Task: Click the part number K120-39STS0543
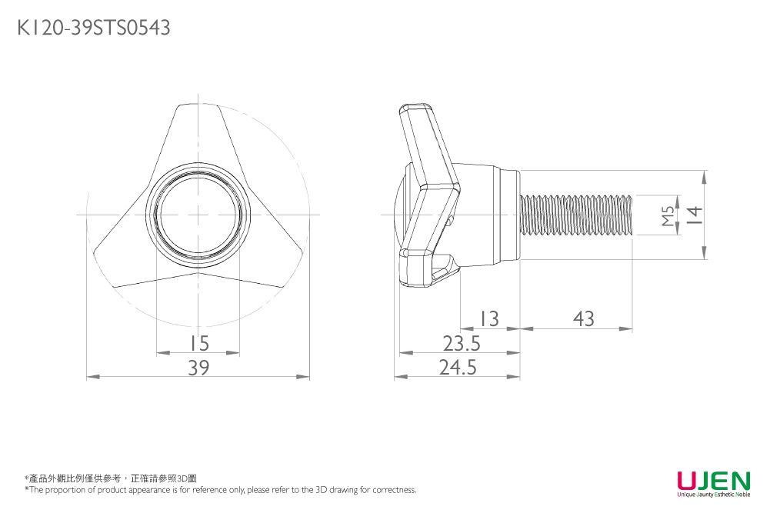(x=93, y=28)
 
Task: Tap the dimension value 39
(x=198, y=368)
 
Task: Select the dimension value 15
(x=198, y=342)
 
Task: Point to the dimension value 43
(x=583, y=318)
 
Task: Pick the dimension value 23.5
(x=462, y=343)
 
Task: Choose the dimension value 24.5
(x=458, y=368)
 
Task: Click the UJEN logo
(x=713, y=481)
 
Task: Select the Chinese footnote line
(x=111, y=478)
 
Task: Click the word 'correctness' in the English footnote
(x=395, y=490)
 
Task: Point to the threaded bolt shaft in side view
(x=577, y=215)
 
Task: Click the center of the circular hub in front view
(x=198, y=215)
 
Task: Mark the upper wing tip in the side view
(x=415, y=112)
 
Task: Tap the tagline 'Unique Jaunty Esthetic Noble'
(x=713, y=496)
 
